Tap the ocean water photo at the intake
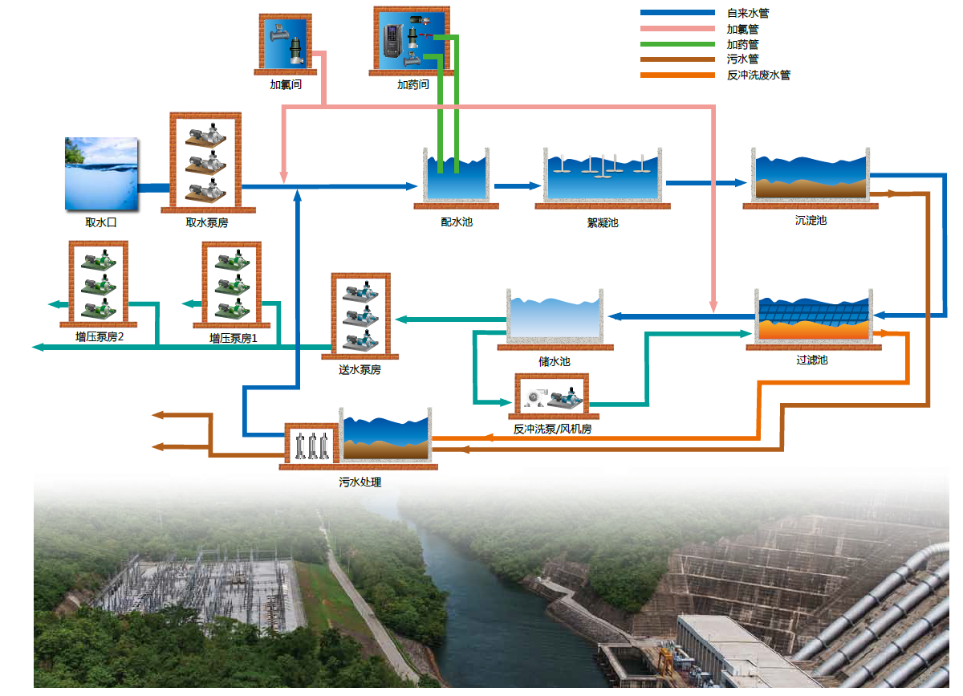(100, 173)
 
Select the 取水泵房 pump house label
(206, 222)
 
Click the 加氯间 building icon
(286, 43)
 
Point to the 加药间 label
(412, 84)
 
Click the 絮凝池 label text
(603, 222)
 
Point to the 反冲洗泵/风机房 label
(552, 429)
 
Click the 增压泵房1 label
(234, 338)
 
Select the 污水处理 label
(360, 482)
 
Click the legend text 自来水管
(747, 13)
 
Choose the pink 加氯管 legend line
(677, 28)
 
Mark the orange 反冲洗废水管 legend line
(677, 75)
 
